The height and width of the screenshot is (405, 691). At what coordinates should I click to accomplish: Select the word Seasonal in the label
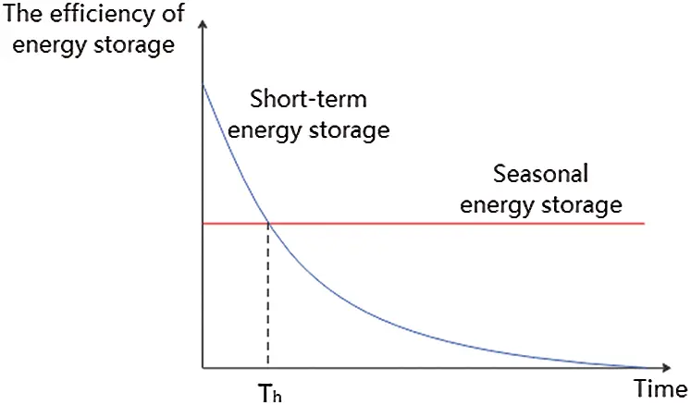point(541,174)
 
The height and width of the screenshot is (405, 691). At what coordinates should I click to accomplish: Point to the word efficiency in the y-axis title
point(100,15)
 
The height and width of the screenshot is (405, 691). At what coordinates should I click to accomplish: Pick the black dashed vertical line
point(268,296)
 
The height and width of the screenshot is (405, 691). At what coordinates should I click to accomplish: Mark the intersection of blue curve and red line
point(268,224)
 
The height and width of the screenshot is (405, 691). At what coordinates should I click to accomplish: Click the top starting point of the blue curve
point(203,85)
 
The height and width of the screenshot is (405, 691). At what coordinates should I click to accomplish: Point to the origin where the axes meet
point(203,368)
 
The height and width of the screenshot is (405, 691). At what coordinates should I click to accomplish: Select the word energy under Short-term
point(263,130)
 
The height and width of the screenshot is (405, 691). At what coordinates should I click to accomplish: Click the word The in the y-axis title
point(24,15)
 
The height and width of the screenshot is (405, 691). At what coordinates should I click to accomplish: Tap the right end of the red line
point(643,224)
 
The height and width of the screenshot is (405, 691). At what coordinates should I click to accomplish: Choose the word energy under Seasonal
point(494,204)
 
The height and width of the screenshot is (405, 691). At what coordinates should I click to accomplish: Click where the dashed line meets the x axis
point(268,368)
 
